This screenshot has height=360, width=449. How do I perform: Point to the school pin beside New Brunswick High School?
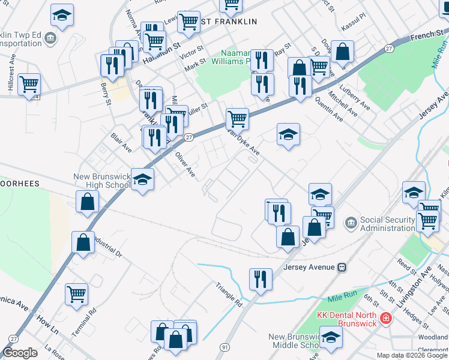pyautogui.click(x=142, y=179)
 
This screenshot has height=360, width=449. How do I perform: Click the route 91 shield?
pyautogui.click(x=224, y=347)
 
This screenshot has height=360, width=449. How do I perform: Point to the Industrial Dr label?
pyautogui.click(x=107, y=247)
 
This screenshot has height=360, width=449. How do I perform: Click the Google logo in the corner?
pyautogui.click(x=20, y=353)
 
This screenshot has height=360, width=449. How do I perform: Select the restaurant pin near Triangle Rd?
pyautogui.click(x=261, y=280)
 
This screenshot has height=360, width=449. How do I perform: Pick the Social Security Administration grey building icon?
pyautogui.click(x=351, y=223)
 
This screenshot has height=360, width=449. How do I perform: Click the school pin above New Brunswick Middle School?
pyautogui.click(x=331, y=337)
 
